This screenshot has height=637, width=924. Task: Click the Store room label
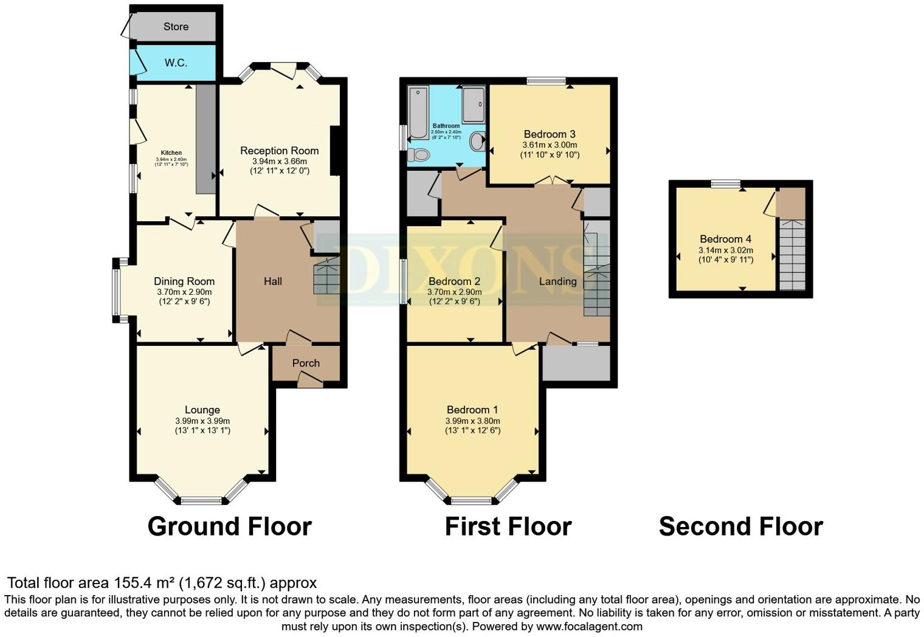pyautogui.click(x=176, y=27)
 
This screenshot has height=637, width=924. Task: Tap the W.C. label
pyautogui.click(x=176, y=63)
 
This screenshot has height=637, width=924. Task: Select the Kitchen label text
pyautogui.click(x=171, y=153)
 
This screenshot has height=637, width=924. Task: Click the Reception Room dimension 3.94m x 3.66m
pyautogui.click(x=279, y=161)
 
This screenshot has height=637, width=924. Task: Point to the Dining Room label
pyautogui.click(x=184, y=281)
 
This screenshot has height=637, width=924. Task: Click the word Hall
pyautogui.click(x=273, y=281)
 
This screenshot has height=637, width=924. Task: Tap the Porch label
pyautogui.click(x=306, y=363)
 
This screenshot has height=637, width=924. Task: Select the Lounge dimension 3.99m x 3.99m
pyautogui.click(x=202, y=421)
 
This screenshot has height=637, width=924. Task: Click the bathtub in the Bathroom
pyautogui.click(x=418, y=112)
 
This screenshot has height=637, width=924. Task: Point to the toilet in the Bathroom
pyautogui.click(x=418, y=155)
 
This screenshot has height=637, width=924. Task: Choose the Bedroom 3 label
pyautogui.click(x=550, y=134)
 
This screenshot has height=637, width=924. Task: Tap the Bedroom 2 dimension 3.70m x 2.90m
pyautogui.click(x=454, y=292)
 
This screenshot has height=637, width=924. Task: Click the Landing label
pyautogui.click(x=557, y=281)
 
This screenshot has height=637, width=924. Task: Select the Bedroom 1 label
pyautogui.click(x=472, y=410)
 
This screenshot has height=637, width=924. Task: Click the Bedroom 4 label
pyautogui.click(x=726, y=239)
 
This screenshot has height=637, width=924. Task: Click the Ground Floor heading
pyautogui.click(x=229, y=526)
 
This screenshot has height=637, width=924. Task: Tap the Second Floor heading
pyautogui.click(x=741, y=526)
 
